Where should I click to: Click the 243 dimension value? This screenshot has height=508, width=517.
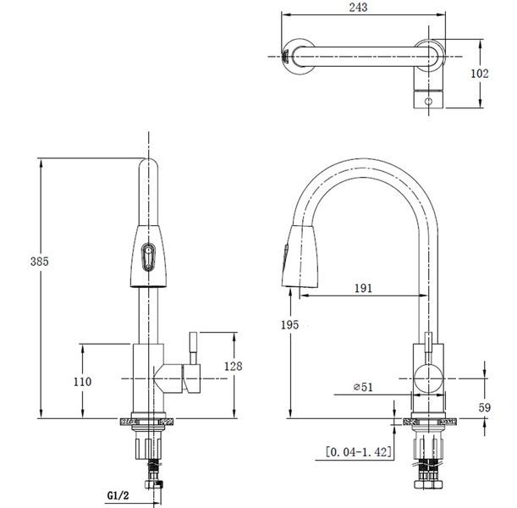[358, 7]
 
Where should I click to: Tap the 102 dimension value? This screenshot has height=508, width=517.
[480, 73]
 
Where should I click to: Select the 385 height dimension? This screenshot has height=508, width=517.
[40, 262]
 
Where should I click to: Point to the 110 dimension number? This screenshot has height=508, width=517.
[82, 382]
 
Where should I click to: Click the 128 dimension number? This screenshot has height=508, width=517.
[233, 366]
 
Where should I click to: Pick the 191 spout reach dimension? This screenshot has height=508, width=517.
[363, 288]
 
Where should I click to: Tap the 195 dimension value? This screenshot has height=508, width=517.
[290, 325]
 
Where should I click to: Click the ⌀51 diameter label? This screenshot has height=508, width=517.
[363, 387]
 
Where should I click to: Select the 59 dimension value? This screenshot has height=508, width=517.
[485, 408]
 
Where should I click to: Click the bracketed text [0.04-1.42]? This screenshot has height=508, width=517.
[360, 451]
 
